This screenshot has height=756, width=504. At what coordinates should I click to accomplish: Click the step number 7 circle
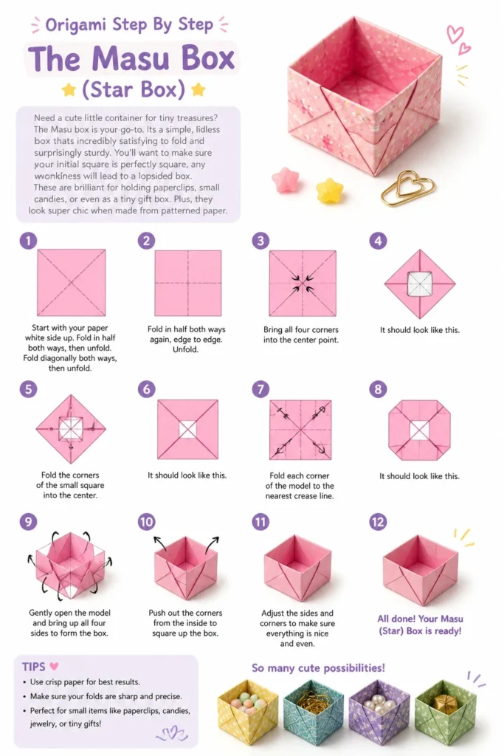click(260, 388)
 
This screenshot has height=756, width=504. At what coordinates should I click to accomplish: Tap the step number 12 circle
click(378, 522)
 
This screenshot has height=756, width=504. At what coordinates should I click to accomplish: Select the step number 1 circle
click(29, 240)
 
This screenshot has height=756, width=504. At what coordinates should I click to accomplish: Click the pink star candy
click(286, 180)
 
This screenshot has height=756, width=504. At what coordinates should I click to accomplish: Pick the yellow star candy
click(330, 190)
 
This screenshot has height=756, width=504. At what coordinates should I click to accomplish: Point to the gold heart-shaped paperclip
click(408, 188)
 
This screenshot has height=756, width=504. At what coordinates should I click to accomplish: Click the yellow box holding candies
click(248, 711)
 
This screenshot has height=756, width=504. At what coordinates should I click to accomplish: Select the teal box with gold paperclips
click(314, 711)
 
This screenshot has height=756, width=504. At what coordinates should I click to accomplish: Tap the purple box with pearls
click(379, 711)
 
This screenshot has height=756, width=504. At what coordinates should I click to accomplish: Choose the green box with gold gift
click(445, 709)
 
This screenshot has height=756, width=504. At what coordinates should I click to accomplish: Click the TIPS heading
click(34, 667)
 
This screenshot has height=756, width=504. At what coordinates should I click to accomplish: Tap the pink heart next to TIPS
click(54, 667)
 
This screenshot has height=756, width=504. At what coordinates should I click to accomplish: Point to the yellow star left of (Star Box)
click(69, 89)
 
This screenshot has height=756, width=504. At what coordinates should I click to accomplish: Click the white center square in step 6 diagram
click(187, 429)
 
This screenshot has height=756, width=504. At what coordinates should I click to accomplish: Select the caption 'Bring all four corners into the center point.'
click(300, 334)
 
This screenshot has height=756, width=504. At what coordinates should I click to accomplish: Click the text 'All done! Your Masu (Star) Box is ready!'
click(420, 625)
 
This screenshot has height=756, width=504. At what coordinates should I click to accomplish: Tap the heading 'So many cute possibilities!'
click(318, 667)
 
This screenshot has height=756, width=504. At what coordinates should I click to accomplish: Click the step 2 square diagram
click(188, 283)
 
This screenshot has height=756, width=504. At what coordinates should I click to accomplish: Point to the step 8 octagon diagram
click(419, 430)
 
